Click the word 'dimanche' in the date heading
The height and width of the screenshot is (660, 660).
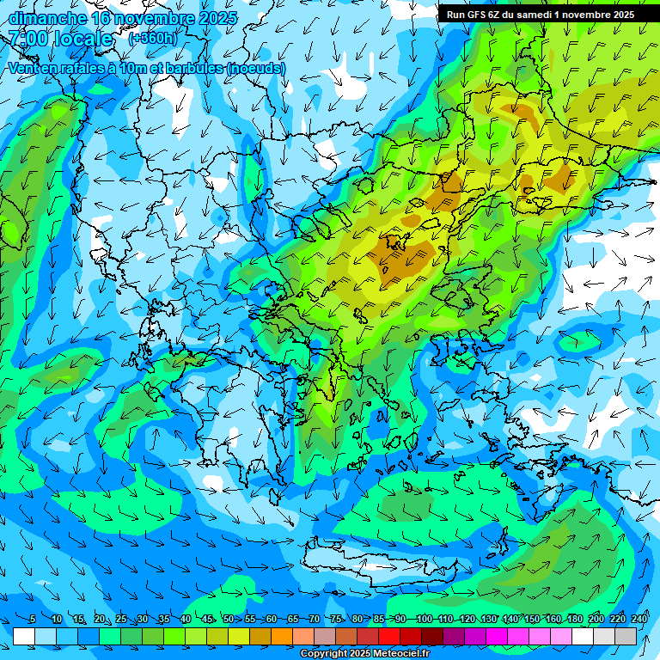[46, 18]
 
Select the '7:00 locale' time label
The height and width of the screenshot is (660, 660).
[60, 39]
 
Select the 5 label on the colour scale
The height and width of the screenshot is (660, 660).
[33, 619]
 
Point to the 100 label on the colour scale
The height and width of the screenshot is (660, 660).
[424, 619]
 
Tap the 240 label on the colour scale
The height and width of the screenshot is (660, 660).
[639, 619]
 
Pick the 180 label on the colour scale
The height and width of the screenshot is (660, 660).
[575, 619]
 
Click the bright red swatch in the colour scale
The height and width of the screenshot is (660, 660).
[389, 636]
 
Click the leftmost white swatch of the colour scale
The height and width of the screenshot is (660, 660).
[24, 636]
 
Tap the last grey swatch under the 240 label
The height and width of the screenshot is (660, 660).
[626, 636]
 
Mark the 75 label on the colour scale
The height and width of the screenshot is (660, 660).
[336, 619]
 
